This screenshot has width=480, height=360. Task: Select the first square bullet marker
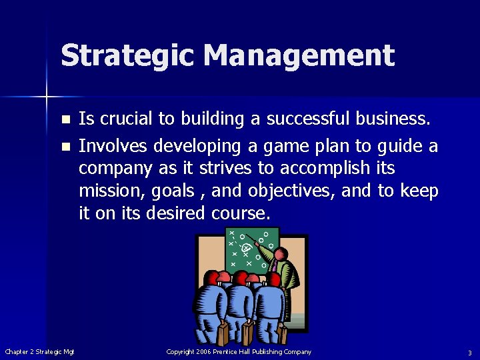[65, 121]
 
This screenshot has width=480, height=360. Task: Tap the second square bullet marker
[65, 146]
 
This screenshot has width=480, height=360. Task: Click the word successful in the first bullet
[308, 119]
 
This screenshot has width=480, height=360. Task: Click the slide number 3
[469, 353]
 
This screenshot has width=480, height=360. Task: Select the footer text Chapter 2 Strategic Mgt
[40, 352]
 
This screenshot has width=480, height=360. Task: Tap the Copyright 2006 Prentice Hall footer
[239, 352]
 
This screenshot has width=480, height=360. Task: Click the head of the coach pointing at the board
[281, 255]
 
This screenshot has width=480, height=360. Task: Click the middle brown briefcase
[247, 333]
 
